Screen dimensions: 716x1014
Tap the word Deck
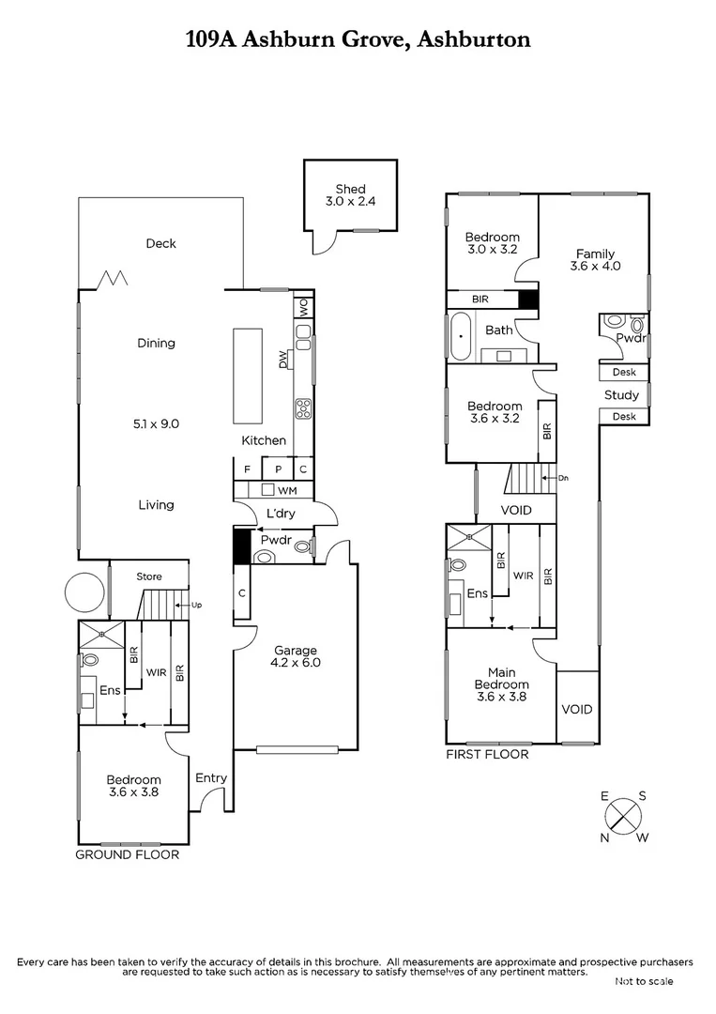160,244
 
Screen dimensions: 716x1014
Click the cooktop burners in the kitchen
303,407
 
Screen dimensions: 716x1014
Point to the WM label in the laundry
288,490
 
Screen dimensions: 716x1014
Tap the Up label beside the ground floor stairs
196,606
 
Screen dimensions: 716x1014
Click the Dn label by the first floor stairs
563,479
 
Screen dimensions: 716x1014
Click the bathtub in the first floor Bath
461,338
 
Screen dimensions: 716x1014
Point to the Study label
621,395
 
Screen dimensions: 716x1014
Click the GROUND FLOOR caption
127,855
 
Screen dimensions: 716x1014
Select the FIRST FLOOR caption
487,754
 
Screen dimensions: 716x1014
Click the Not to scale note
644,981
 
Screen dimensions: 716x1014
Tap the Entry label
211,778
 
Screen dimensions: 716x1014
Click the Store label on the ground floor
149,576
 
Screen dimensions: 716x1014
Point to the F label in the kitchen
248,469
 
